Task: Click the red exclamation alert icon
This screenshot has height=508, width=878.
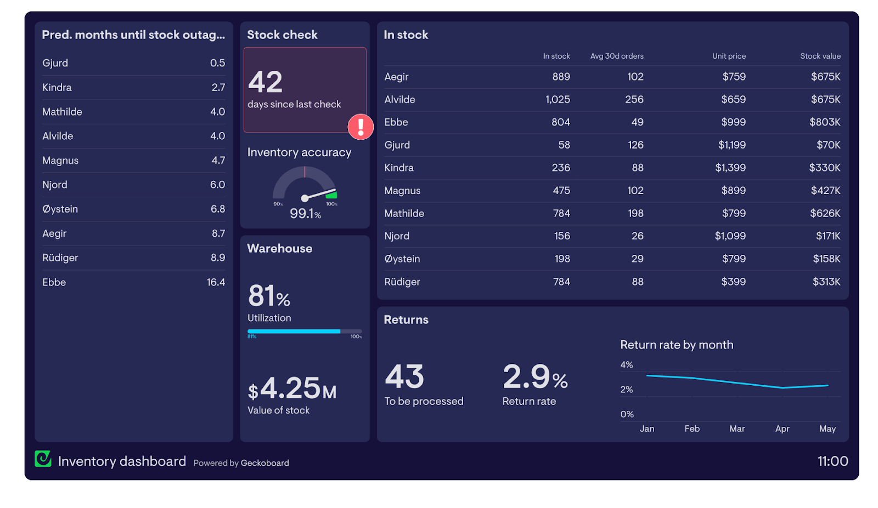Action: pyautogui.click(x=361, y=127)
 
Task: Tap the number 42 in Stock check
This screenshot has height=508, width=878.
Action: pyautogui.click(x=266, y=82)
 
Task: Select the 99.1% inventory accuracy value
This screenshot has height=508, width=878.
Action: pyautogui.click(x=305, y=213)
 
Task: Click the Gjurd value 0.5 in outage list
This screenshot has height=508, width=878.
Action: pyautogui.click(x=217, y=63)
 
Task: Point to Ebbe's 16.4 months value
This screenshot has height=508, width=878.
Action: pyautogui.click(x=216, y=282)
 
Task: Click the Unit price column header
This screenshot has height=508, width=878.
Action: pyautogui.click(x=729, y=56)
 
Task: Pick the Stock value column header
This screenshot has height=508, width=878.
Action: pyautogui.click(x=820, y=56)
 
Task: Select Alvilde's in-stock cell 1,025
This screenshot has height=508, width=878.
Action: pyautogui.click(x=558, y=100)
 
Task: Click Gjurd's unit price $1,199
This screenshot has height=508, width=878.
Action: pyautogui.click(x=731, y=145)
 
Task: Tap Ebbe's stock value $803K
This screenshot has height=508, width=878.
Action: pyautogui.click(x=824, y=122)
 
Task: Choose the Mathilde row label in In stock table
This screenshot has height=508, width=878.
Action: pyautogui.click(x=404, y=214)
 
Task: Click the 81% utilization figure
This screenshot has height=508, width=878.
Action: pyautogui.click(x=269, y=296)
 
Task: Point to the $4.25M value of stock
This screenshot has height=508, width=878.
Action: pyautogui.click(x=292, y=389)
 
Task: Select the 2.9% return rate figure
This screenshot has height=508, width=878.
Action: pyautogui.click(x=534, y=377)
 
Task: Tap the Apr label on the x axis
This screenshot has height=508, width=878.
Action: pyautogui.click(x=782, y=429)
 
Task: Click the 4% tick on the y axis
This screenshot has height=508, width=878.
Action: pyautogui.click(x=627, y=365)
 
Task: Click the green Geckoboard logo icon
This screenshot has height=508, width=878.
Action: pyautogui.click(x=43, y=459)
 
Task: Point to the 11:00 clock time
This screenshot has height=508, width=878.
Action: pyautogui.click(x=832, y=461)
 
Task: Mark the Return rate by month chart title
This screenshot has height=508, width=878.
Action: pyautogui.click(x=677, y=345)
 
